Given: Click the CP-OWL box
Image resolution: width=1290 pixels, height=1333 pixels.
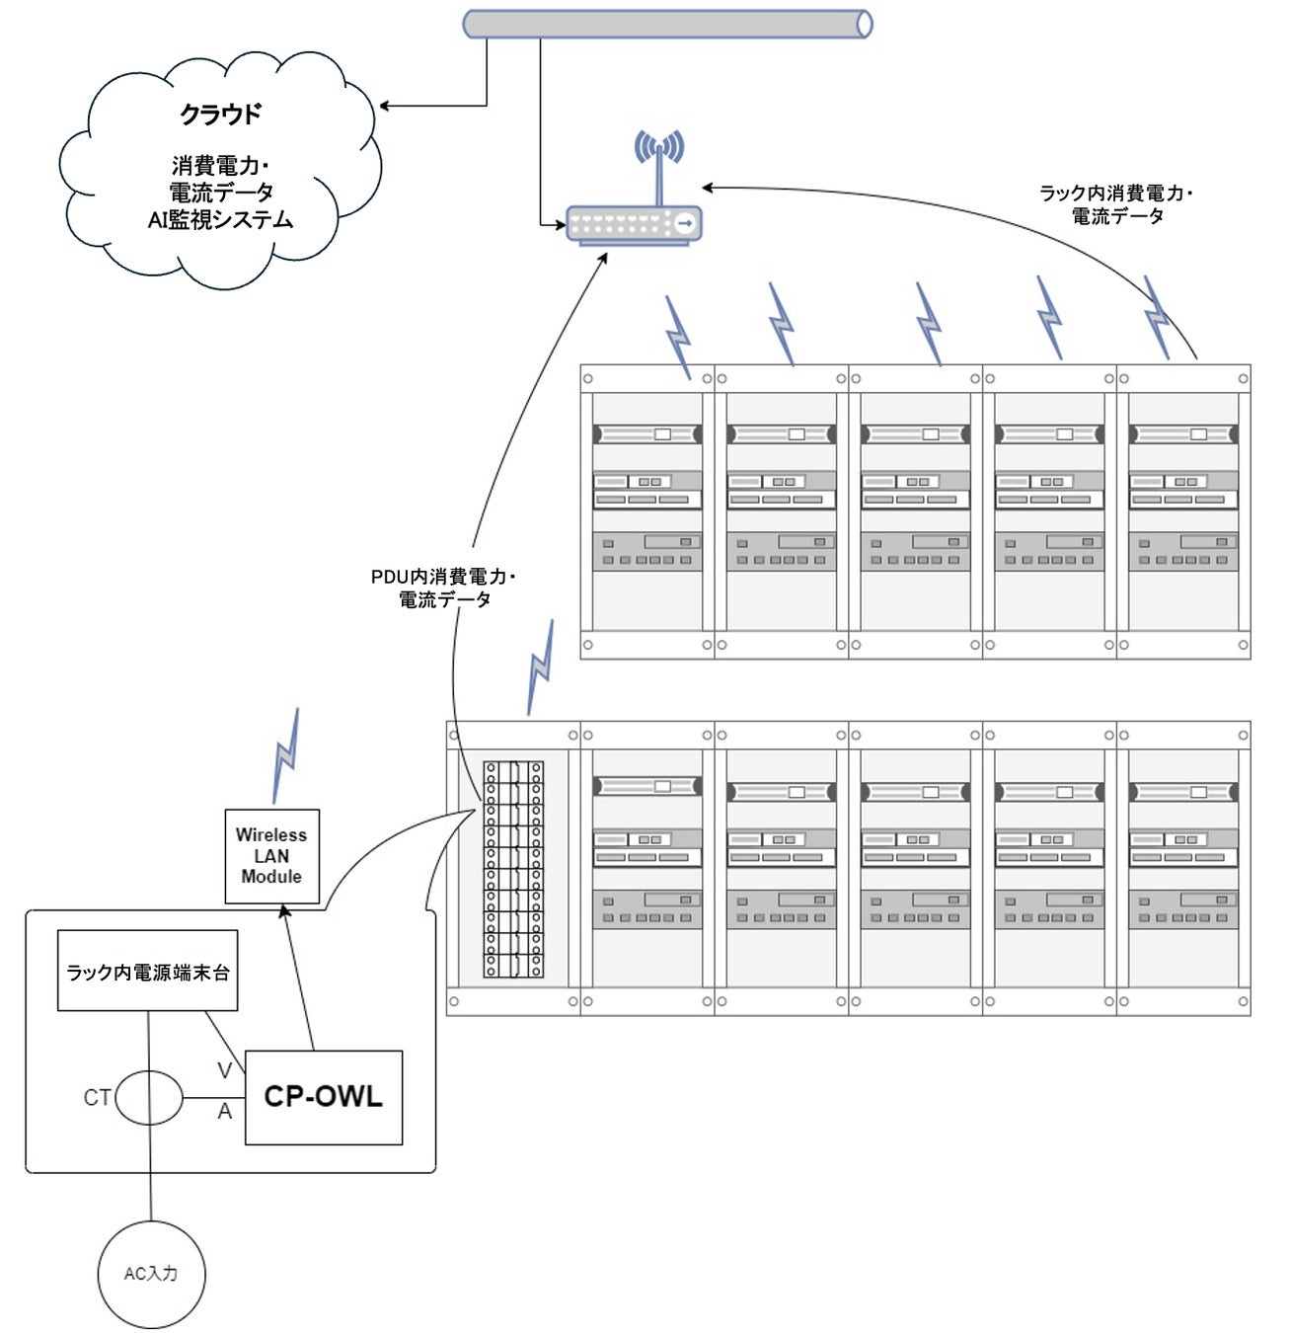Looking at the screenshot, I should tap(323, 1097).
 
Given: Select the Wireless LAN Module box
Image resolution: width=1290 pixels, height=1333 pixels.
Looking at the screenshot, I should tap(271, 855).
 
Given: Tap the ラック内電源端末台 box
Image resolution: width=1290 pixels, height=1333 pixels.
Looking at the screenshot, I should tap(147, 971).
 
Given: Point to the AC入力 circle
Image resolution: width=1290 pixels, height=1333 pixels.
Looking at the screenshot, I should tap(151, 1274).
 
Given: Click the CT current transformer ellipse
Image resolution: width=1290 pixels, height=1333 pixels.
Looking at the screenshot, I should tap(149, 1098).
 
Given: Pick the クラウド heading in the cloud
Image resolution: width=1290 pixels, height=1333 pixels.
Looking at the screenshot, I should tap(220, 115).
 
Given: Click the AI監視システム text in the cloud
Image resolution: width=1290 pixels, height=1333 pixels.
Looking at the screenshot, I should tap(220, 220).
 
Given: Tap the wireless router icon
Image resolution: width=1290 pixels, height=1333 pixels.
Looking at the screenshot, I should tap(634, 225).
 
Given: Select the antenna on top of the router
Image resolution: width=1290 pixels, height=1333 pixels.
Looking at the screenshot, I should tap(659, 158).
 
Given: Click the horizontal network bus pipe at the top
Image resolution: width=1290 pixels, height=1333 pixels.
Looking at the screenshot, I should tap(667, 24).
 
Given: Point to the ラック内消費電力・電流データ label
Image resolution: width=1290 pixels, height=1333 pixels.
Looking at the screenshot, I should tap(1116, 204).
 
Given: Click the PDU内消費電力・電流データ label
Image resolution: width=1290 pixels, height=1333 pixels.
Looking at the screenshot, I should tap(444, 588).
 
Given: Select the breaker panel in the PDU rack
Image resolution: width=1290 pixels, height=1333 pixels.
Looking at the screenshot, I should tap(512, 869).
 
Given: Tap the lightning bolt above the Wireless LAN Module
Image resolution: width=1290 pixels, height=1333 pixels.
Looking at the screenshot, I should tap(285, 755).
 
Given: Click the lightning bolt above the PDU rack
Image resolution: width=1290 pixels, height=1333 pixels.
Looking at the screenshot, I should tap(540, 666).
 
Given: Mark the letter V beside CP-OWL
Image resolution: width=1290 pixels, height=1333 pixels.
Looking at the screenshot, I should tap(224, 1070).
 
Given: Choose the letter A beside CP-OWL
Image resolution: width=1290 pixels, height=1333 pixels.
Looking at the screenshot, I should tap(225, 1112).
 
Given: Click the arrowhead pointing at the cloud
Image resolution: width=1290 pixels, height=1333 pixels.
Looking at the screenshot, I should tap(385, 106).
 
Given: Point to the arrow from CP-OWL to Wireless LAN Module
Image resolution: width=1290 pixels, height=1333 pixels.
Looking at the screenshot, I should tap(298, 978).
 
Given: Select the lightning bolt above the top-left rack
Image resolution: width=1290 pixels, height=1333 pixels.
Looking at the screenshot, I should tap(678, 337).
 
